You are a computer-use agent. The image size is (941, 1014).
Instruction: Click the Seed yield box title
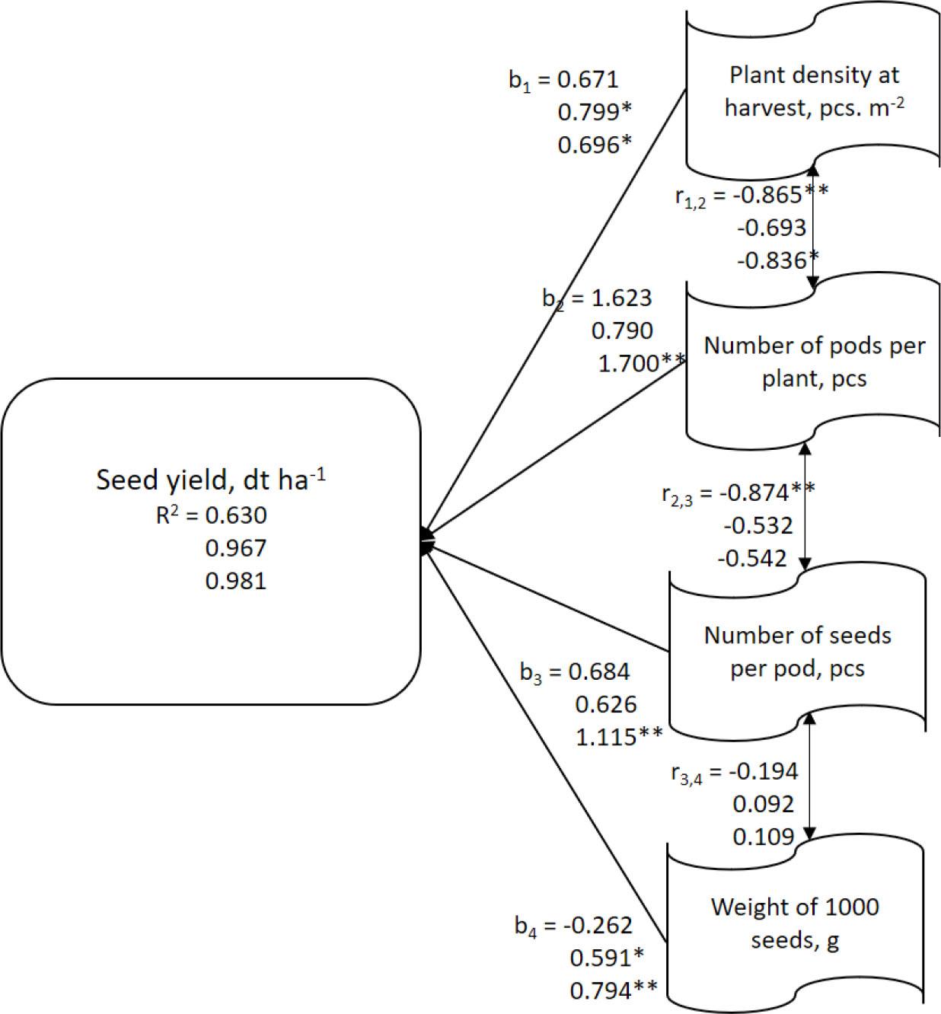coord(210,479)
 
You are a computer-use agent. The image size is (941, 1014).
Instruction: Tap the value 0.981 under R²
coord(235,581)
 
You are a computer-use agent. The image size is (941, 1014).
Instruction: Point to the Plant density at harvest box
coord(813,95)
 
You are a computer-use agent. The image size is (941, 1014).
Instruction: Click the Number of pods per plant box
coord(813,362)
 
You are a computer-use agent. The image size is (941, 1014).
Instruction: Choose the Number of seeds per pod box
coord(797,652)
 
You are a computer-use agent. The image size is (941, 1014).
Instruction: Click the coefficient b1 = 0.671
coord(563,80)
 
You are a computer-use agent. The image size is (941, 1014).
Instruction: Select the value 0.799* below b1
coord(595,113)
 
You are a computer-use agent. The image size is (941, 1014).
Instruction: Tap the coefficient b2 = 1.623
coord(597,298)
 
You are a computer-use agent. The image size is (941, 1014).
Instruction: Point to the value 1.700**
coord(642,364)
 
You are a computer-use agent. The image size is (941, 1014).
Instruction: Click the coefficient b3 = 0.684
coord(575,672)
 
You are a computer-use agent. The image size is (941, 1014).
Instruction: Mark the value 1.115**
coord(619,737)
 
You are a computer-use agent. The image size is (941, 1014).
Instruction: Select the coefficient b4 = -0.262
coord(573,926)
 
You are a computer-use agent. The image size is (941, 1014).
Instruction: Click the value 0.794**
coord(613,991)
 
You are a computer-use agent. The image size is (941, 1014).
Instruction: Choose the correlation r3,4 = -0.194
coord(734,772)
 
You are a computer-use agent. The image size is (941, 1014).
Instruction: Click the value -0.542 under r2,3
coord(752,559)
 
